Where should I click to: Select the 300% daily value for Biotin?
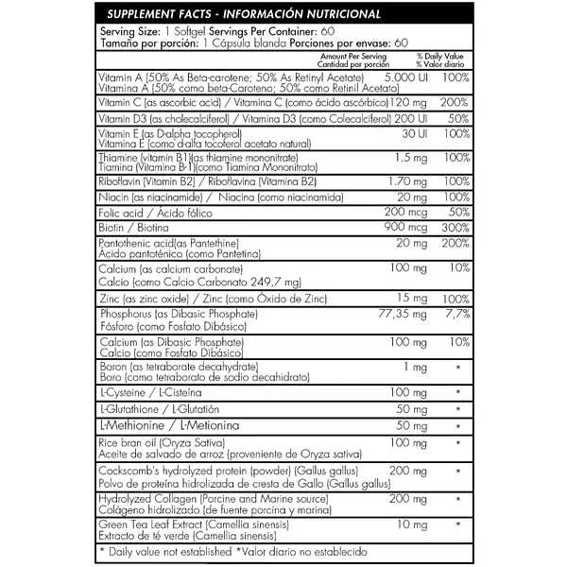coord(452,228)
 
